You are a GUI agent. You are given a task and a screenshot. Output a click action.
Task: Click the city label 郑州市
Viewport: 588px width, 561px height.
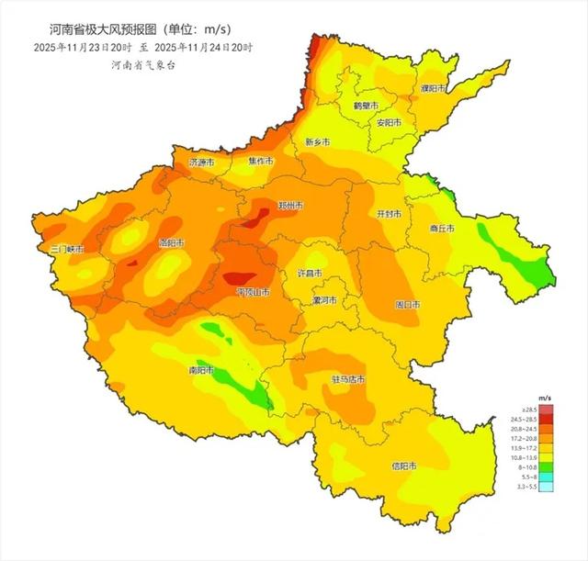click(x=291, y=207)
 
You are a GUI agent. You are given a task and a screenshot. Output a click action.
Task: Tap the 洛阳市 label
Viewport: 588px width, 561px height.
click(x=172, y=243)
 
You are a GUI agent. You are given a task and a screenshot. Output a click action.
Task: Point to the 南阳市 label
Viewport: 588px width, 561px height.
click(x=200, y=371)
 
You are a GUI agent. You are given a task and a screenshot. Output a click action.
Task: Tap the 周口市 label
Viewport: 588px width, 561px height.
click(x=407, y=304)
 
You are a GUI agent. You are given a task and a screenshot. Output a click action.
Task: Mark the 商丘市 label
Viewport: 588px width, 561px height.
click(x=443, y=229)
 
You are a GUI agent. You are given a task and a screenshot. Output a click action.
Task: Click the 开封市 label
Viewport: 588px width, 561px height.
click(x=390, y=212)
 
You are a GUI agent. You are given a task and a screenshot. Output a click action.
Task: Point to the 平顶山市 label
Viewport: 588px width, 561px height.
click(x=253, y=292)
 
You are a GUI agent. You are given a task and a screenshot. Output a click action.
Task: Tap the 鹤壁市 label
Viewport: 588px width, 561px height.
click(x=366, y=106)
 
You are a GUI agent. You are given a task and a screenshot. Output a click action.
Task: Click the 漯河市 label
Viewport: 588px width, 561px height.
click(x=323, y=300)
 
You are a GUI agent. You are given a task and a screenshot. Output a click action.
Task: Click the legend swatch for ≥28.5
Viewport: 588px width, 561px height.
click(x=546, y=409)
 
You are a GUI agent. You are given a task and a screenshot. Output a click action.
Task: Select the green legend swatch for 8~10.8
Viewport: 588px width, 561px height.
click(x=546, y=467)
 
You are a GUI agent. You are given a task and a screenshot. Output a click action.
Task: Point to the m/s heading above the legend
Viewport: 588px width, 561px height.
click(x=546, y=398)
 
